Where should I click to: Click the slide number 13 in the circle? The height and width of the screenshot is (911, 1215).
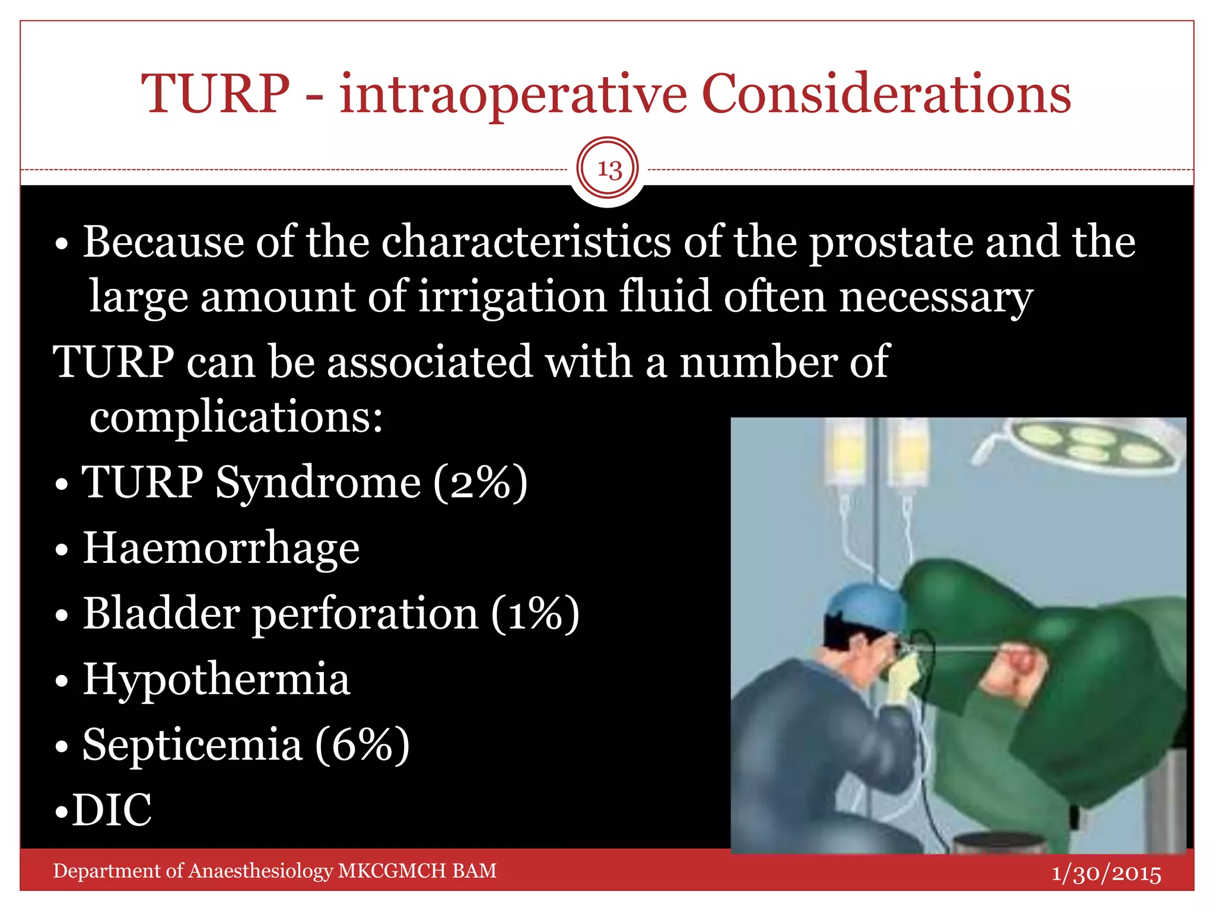(609, 170)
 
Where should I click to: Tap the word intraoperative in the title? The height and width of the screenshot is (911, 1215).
(513, 95)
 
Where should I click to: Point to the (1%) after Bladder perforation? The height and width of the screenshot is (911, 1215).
(535, 613)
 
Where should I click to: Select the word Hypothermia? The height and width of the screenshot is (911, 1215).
(216, 679)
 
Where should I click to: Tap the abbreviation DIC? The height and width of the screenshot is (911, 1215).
(112, 810)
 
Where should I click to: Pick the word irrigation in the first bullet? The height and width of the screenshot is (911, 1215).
(513, 297)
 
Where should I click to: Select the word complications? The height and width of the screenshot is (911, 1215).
(236, 417)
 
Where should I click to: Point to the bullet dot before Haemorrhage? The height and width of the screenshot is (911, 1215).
(62, 550)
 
